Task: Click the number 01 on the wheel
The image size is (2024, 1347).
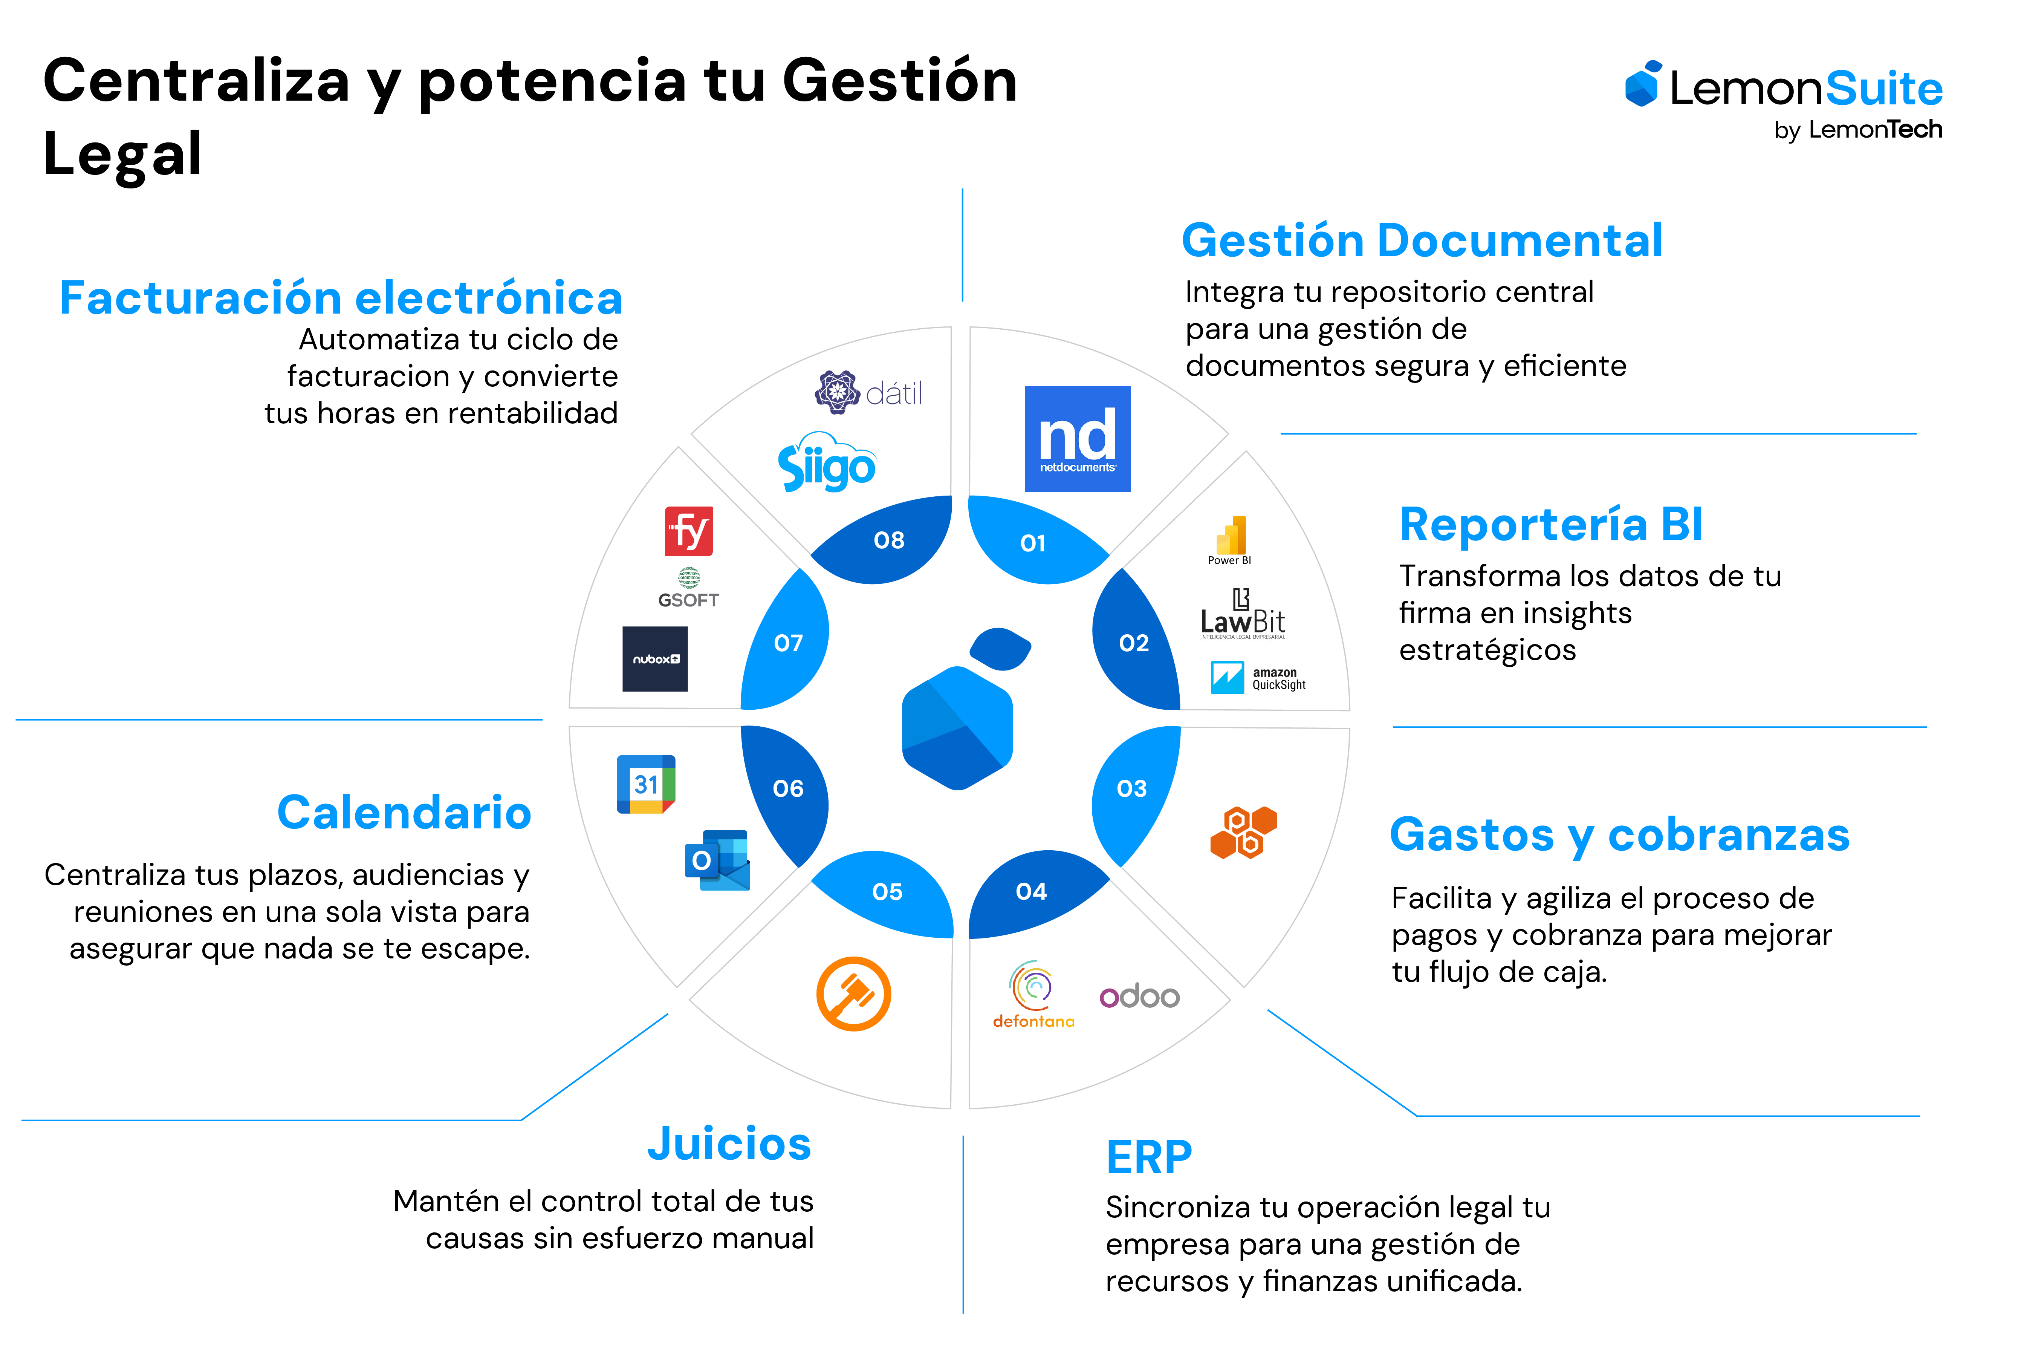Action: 1032,543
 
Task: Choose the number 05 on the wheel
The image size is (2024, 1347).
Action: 887,892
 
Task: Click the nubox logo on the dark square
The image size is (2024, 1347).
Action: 656,659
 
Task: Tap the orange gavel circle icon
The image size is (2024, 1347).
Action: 853,994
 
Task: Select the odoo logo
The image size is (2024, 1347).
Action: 1142,998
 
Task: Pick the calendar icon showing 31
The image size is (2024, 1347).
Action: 645,784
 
